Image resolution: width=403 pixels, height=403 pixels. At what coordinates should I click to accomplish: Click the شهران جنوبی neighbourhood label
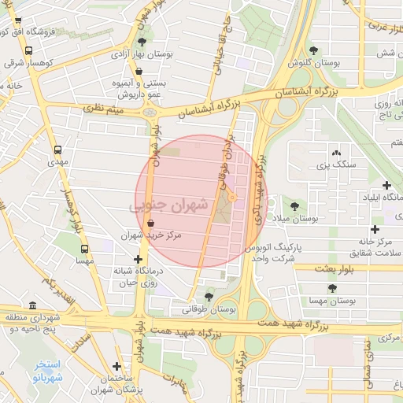(x=169, y=205)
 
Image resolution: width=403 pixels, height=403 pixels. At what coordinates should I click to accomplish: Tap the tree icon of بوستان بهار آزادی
(x=142, y=42)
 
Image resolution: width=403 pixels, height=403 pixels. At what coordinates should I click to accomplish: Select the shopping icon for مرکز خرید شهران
(x=150, y=224)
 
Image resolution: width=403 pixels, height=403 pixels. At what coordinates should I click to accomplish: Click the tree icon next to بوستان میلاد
(x=294, y=205)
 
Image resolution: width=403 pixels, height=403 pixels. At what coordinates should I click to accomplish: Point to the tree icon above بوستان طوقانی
(x=209, y=297)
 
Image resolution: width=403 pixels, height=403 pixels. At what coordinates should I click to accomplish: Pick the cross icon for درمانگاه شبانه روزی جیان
(x=139, y=258)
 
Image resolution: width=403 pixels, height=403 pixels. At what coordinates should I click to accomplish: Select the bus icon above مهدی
(x=57, y=149)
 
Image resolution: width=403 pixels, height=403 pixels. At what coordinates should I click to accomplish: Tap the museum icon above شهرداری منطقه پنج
(x=31, y=305)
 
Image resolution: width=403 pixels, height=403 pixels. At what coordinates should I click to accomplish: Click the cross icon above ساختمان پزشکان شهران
(x=116, y=366)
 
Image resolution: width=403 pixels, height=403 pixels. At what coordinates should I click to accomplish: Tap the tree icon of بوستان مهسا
(x=331, y=288)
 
